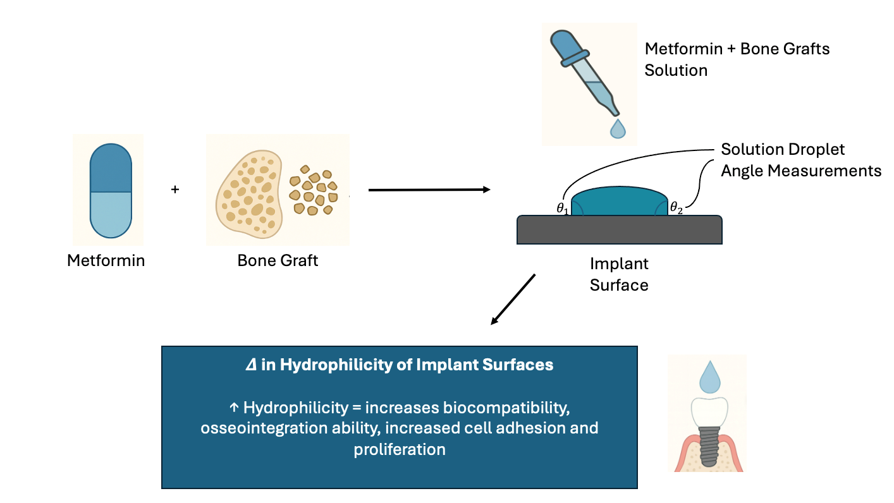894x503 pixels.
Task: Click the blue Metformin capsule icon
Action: click(111, 190)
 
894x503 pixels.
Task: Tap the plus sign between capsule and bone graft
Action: click(175, 189)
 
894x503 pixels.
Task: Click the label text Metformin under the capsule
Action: click(106, 260)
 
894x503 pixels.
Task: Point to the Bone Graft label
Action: click(278, 260)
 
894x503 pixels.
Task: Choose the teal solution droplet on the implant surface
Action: click(619, 202)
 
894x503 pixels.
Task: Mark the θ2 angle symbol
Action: click(677, 207)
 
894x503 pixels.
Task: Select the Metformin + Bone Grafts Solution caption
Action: click(737, 59)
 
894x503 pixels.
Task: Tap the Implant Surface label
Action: click(619, 274)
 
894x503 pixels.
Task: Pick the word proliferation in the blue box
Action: click(400, 449)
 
